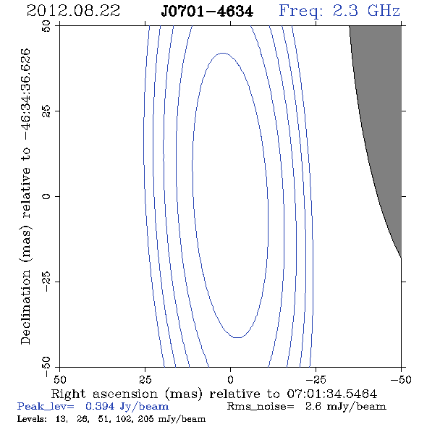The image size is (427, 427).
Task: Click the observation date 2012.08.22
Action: (73, 11)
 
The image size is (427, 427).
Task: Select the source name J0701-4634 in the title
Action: (207, 12)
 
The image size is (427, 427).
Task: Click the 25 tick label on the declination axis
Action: (46, 111)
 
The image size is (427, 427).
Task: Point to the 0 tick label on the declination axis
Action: (46, 196)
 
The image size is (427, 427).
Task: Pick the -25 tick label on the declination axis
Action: (46, 282)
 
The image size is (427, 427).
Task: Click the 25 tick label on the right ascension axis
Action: (145, 380)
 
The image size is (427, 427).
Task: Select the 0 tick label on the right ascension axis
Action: (230, 380)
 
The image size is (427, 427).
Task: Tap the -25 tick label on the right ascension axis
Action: (316, 380)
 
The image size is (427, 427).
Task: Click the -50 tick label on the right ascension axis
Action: (401, 380)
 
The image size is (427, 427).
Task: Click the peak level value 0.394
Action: (100, 406)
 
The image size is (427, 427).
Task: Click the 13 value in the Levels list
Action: (62, 418)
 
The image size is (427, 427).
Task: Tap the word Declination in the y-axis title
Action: (25, 307)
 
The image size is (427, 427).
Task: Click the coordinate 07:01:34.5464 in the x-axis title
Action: (332, 394)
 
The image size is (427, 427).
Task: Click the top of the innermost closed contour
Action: (223, 53)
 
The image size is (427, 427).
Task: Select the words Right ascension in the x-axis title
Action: (104, 394)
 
